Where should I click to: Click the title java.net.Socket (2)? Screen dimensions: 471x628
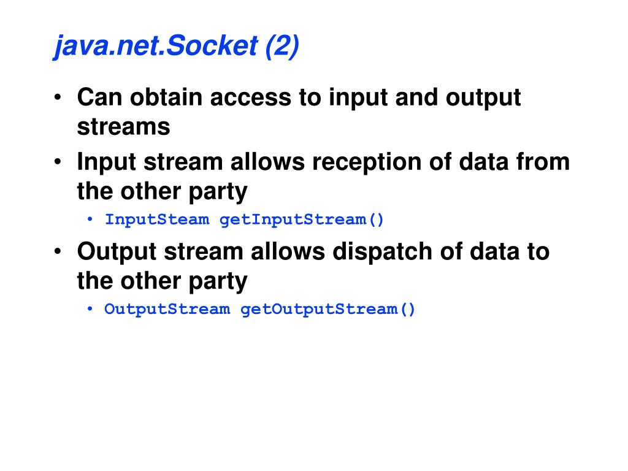click(177, 47)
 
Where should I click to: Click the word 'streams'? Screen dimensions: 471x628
click(123, 127)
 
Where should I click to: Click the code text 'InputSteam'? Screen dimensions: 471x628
click(157, 220)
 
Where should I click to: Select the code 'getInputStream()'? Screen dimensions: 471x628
click(302, 220)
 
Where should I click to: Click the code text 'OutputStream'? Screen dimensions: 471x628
click(167, 309)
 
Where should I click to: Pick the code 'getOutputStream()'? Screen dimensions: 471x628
click(328, 309)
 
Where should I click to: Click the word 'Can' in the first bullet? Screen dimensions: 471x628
click(98, 98)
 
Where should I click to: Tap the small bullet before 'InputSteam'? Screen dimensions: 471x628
click(91, 220)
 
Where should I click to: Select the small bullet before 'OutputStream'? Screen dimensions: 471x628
click(91, 310)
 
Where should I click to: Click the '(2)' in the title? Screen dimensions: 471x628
click(282, 47)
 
